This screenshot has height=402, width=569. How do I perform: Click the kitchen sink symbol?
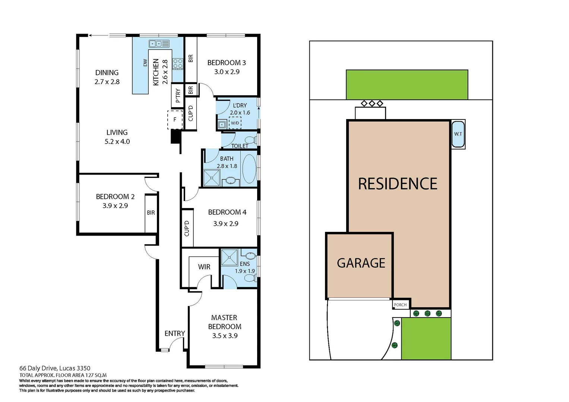click(x=159, y=44)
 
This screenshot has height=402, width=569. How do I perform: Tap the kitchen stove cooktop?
click(x=178, y=64)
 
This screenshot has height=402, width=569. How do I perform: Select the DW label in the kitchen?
click(x=145, y=63)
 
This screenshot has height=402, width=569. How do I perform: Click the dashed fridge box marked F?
click(x=175, y=119)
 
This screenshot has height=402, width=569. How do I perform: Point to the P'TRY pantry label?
click(x=178, y=95)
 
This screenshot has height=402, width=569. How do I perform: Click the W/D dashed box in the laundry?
click(x=235, y=123)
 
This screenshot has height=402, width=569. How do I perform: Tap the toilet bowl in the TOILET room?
click(x=251, y=140)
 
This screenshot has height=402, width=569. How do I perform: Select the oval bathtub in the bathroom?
click(x=249, y=168)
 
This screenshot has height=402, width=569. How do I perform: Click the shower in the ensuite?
click(x=229, y=257)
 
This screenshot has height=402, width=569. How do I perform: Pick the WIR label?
click(x=204, y=267)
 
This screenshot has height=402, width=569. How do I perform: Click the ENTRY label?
click(x=175, y=334)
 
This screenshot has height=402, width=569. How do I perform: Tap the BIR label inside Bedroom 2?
click(x=151, y=213)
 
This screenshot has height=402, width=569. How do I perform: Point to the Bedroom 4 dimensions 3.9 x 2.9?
click(x=225, y=224)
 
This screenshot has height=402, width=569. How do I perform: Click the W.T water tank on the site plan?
click(x=458, y=134)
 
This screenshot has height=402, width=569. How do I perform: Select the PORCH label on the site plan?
click(x=400, y=305)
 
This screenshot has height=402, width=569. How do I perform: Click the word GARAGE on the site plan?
click(x=361, y=263)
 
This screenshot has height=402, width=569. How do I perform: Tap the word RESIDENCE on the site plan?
click(x=398, y=184)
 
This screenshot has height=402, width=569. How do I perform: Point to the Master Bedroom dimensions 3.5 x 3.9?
click(x=225, y=336)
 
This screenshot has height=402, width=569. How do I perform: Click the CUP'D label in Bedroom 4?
click(x=187, y=228)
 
